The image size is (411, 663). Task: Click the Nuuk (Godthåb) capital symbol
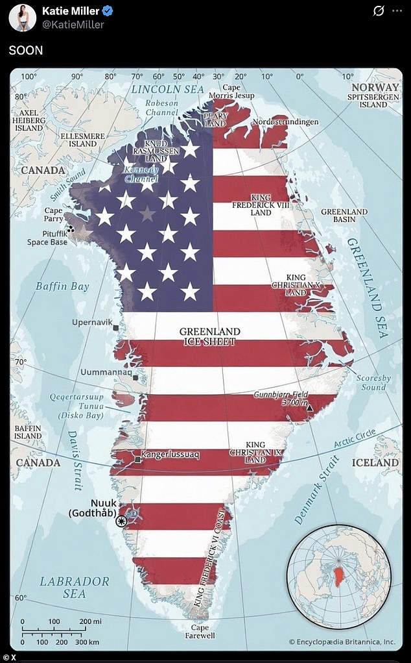pos(121,520)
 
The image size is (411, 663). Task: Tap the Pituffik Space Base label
pos(47,238)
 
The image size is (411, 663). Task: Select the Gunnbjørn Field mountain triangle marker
pos(309,408)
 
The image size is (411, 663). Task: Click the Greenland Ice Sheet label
pos(209,336)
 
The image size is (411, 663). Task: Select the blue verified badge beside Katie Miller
pos(108,12)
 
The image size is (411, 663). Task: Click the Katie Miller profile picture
pos(21,17)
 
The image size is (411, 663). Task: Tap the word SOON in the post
pos(26,50)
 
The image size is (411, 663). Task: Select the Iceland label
pos(375,462)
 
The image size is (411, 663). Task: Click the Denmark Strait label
pos(317,490)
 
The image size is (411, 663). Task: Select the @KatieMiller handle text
pos(73,25)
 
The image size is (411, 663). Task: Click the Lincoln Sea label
pos(167,89)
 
